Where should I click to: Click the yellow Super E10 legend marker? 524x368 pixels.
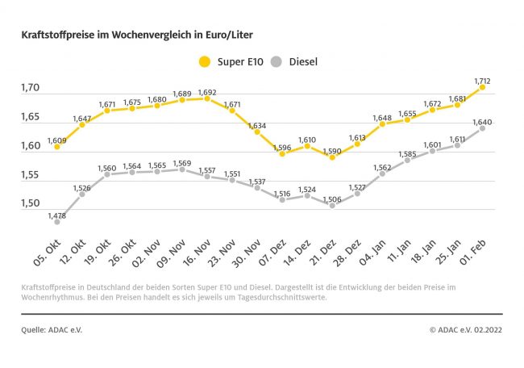click(x=204, y=61)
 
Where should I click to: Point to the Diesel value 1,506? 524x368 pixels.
click(x=331, y=197)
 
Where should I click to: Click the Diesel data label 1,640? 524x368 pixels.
click(x=483, y=121)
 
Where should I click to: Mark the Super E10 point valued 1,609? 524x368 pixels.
click(x=56, y=147)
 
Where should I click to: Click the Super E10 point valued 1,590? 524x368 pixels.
click(x=331, y=157)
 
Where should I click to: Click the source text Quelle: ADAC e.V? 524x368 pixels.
click(x=52, y=329)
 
